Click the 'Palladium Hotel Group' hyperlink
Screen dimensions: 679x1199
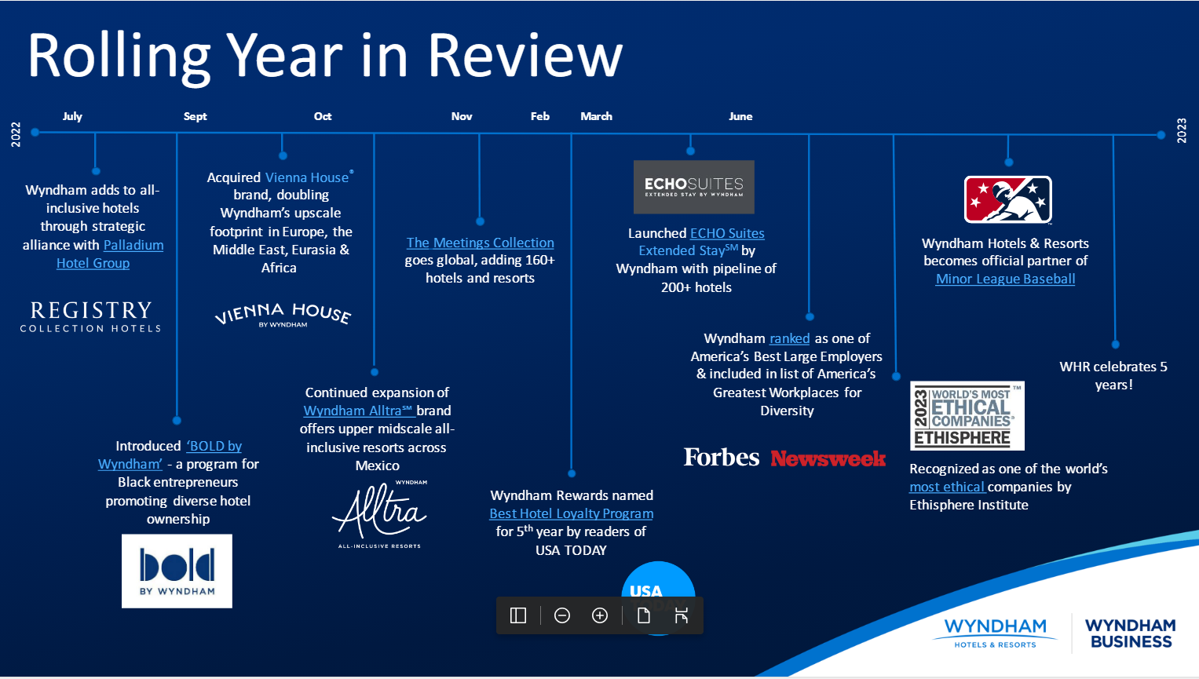(133, 245)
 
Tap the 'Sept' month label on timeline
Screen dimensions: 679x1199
(195, 116)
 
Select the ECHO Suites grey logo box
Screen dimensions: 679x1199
(693, 187)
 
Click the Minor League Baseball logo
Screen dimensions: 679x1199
(1007, 200)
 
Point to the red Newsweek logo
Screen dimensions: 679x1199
(828, 458)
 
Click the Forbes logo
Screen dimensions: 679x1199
(721, 457)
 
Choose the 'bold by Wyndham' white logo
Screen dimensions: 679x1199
(177, 571)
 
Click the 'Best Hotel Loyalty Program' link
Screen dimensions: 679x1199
(571, 513)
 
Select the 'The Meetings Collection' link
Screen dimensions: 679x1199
(480, 243)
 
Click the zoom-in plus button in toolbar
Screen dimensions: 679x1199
(600, 615)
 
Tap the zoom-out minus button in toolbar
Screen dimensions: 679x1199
(562, 615)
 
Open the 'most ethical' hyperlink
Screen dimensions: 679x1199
(946, 487)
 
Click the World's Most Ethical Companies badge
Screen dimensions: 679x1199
(967, 416)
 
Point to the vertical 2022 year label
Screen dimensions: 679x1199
(16, 134)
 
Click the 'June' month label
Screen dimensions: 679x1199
(740, 116)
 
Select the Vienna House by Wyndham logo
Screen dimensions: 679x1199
(283, 315)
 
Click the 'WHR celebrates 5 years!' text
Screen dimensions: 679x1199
(1113, 375)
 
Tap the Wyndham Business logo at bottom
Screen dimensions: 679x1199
(1130, 633)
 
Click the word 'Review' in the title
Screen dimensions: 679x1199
(525, 57)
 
